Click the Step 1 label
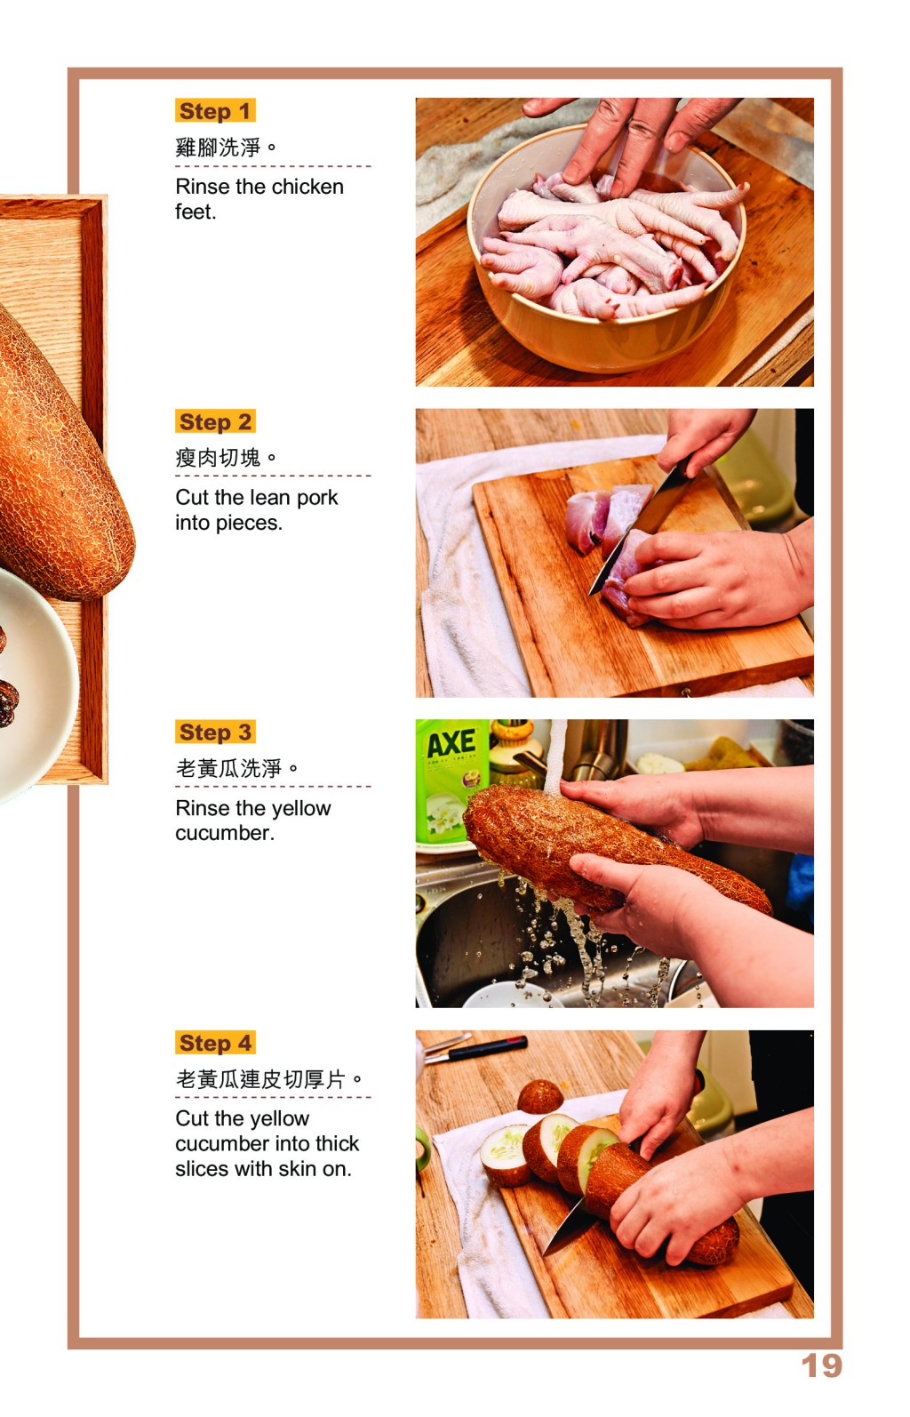click(215, 111)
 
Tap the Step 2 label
click(215, 421)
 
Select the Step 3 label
click(215, 732)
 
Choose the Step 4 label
click(215, 1043)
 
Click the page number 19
click(821, 1365)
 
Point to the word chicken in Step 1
click(307, 187)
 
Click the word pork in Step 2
click(317, 499)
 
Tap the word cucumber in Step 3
click(225, 833)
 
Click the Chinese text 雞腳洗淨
click(218, 148)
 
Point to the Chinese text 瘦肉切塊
click(218, 457)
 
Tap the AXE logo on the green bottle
click(451, 744)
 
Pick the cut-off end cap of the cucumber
click(540, 1098)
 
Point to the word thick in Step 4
click(337, 1143)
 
